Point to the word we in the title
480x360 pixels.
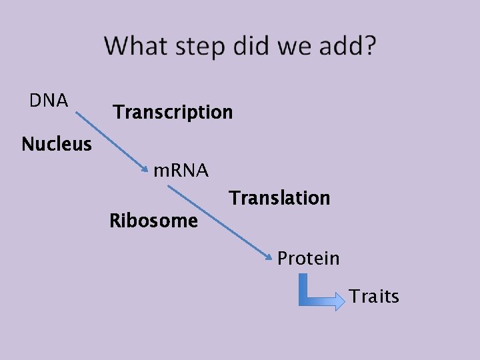coord(293,47)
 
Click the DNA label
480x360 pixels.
coord(49,101)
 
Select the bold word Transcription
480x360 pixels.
coord(173,112)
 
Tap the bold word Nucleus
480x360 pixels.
coord(57,144)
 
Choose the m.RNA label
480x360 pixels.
coord(181,171)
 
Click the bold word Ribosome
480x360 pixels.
coord(153,221)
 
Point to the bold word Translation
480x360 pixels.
coord(279,198)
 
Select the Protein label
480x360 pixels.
coord(308,258)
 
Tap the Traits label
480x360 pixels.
coord(374,296)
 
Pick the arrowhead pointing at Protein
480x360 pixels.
coord(269,257)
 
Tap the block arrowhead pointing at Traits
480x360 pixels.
coord(339,301)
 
